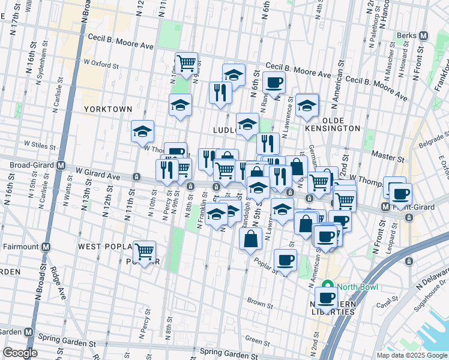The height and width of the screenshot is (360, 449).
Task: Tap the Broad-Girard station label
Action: [29, 166]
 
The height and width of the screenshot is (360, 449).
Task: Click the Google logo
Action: [20, 352]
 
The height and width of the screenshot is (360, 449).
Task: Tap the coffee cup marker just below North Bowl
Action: [327, 297]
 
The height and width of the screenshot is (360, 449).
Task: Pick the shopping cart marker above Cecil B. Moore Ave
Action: [186, 63]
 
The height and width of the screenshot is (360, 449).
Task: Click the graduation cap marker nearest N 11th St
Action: [143, 131]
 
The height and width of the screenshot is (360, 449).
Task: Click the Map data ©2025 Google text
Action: [411, 355]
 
